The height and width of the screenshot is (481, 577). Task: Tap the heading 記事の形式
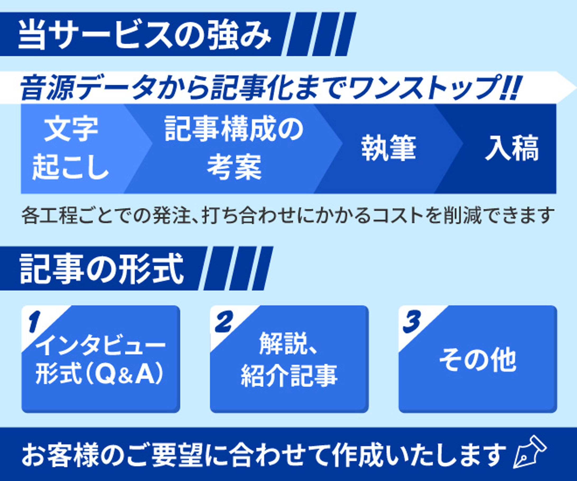102,269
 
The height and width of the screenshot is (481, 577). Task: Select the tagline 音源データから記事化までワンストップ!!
269,87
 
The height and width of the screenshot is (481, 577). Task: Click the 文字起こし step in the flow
70,149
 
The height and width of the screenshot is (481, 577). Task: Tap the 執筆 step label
389,148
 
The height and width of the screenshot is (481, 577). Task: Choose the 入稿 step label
511,148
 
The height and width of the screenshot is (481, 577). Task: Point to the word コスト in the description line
393,216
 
